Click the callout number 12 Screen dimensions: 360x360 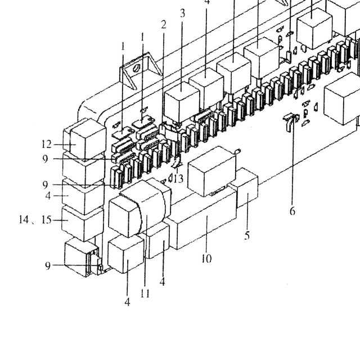coord(46,145)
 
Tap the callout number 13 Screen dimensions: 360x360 coord(178,178)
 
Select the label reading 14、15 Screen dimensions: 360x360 coord(35,220)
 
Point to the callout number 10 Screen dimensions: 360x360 coord(206,259)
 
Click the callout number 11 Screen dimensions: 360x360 coord(145,293)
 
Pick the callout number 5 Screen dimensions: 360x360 coord(247,236)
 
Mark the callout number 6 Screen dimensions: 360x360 coord(292,211)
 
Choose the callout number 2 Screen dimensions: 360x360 coord(164,25)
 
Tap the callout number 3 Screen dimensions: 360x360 coord(182,13)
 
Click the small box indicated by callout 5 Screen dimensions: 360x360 coord(247,188)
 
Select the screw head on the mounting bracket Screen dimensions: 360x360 coord(137,68)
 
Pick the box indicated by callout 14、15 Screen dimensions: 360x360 coord(83,223)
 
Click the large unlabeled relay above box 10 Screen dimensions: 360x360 coord(211,171)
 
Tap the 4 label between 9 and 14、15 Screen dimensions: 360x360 coord(48,196)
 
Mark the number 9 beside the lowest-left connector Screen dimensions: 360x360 coord(47,266)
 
